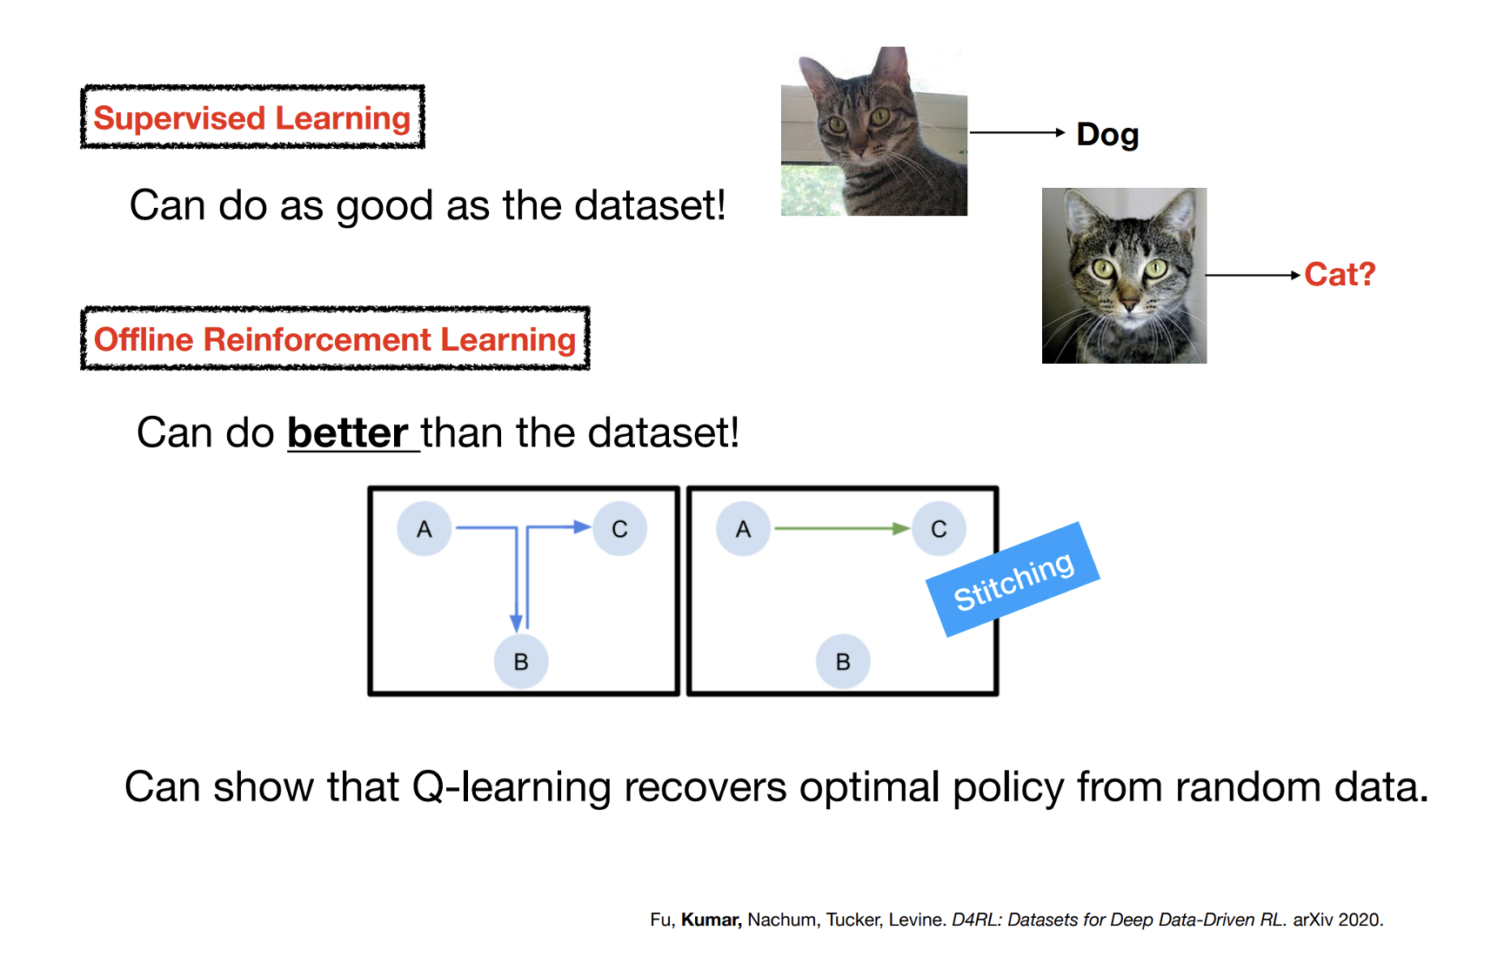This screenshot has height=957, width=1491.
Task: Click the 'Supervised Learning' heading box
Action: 252,117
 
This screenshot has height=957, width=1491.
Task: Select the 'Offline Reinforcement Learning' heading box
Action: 335,338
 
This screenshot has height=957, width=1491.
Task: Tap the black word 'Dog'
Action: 1107,136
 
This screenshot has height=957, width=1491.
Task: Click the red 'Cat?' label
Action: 1340,274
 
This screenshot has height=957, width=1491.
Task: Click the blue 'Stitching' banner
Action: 1013,579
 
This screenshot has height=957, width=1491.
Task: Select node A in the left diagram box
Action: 424,529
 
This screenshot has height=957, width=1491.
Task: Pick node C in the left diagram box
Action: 619,529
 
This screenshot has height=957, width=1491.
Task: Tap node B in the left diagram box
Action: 521,661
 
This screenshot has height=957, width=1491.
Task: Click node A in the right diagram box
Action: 744,529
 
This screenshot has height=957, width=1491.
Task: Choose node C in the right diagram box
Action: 939,529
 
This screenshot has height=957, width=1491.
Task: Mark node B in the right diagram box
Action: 843,661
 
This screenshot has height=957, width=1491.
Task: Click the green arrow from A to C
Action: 842,528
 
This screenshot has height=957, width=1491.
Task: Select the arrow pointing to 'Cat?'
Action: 1253,275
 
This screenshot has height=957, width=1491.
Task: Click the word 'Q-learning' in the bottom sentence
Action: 511,788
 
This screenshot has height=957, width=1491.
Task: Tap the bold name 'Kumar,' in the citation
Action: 712,920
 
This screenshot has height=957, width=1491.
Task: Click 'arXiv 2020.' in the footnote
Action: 1338,920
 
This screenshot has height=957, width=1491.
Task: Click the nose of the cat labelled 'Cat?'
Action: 1129,304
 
